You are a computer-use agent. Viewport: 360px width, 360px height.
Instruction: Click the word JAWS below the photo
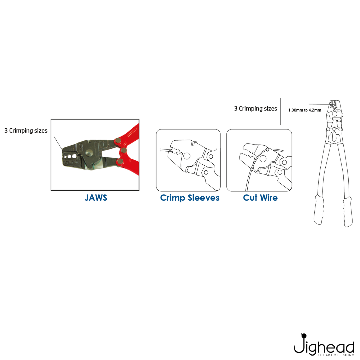[96, 198]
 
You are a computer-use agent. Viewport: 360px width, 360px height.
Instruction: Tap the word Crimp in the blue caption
[172, 198]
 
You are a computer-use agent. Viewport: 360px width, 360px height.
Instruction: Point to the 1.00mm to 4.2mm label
[304, 110]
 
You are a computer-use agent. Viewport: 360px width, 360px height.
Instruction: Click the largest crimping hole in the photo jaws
[74, 156]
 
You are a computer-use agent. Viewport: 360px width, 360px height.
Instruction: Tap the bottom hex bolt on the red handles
[120, 161]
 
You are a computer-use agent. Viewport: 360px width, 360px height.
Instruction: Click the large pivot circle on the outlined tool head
[335, 114]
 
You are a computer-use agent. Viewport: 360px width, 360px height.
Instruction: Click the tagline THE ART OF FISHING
[336, 355]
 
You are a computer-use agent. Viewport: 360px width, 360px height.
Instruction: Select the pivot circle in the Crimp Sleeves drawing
[187, 156]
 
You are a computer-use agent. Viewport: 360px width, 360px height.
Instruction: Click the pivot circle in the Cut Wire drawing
[263, 159]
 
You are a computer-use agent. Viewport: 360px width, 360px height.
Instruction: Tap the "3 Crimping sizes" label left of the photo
[26, 131]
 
